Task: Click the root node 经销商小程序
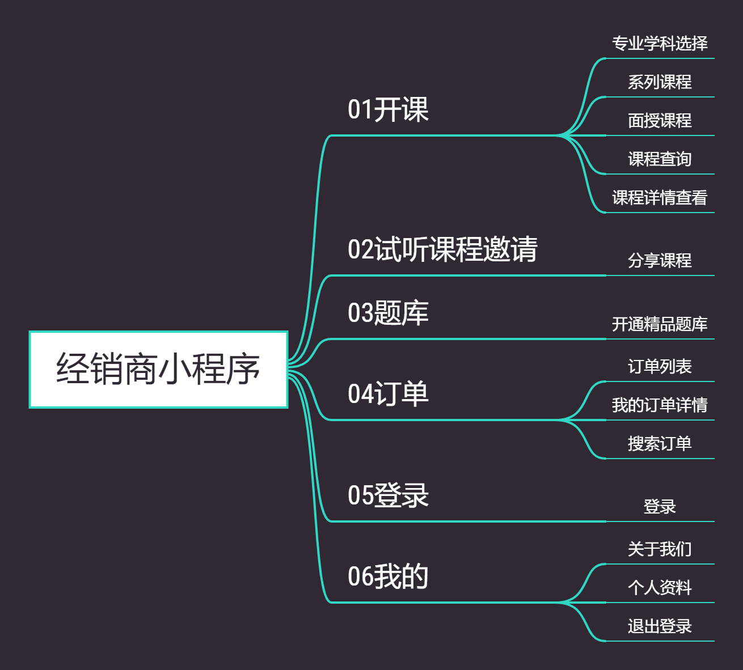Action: click(158, 370)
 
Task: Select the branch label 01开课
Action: click(388, 109)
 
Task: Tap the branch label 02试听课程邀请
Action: click(442, 249)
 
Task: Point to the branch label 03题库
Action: click(388, 313)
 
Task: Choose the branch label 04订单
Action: click(388, 394)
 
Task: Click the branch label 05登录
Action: click(388, 495)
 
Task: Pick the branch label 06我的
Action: click(388, 576)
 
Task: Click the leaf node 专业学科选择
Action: click(660, 44)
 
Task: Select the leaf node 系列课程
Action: click(660, 82)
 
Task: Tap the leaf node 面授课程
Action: click(660, 121)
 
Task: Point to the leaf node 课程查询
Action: click(660, 159)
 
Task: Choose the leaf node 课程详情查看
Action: click(660, 198)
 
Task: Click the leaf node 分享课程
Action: click(660, 261)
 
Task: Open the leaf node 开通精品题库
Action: click(660, 324)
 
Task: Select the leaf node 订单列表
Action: click(660, 367)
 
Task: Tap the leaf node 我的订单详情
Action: click(660, 405)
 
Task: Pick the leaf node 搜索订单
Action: click(660, 444)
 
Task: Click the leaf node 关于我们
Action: click(660, 549)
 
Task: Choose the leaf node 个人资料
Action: click(660, 588)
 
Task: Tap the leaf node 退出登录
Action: click(660, 626)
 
